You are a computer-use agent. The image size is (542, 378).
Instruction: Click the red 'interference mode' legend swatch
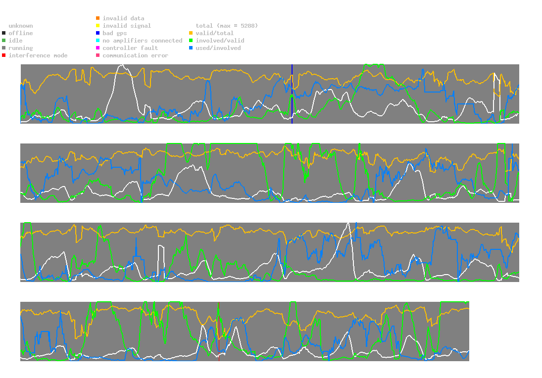(x=4, y=55)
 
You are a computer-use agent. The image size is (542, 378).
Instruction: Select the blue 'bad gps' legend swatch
(x=98, y=33)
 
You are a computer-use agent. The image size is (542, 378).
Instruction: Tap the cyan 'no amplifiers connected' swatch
(x=98, y=41)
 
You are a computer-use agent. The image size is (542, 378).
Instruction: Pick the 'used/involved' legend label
(x=218, y=48)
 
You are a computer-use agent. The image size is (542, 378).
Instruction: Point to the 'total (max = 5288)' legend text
(x=227, y=26)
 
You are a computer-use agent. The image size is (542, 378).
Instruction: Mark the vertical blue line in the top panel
(x=292, y=94)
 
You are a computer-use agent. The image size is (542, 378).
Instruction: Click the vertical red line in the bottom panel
(x=218, y=331)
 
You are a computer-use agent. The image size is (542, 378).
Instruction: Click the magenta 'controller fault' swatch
(x=98, y=48)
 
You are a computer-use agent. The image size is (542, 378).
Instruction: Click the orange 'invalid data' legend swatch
(x=98, y=18)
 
